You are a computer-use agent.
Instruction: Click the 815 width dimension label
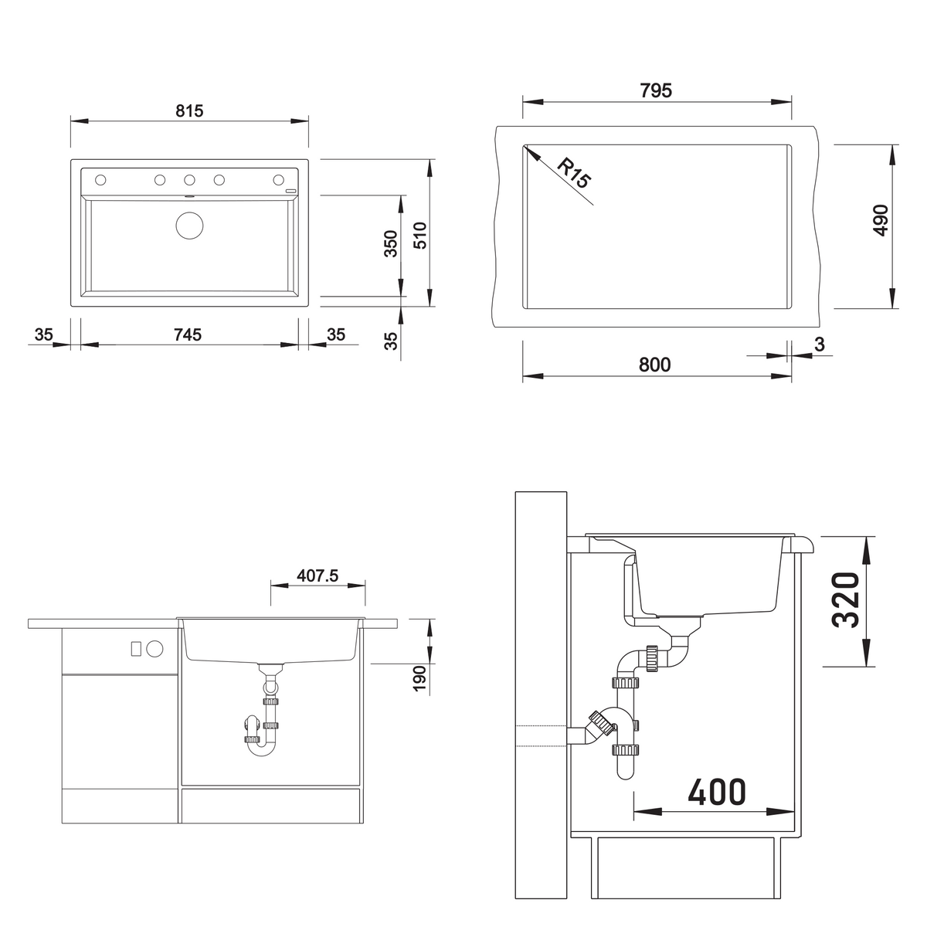[x=189, y=111]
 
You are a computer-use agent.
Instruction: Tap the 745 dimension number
[x=188, y=334]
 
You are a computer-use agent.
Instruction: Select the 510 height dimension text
[x=420, y=236]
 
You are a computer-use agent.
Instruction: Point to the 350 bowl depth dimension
[x=392, y=244]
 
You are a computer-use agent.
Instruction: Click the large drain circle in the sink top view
[x=189, y=225]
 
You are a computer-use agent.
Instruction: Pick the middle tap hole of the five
[x=189, y=180]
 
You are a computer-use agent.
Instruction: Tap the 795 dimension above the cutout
[x=656, y=90]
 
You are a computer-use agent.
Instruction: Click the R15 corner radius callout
[x=574, y=173]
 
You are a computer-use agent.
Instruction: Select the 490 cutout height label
[x=881, y=220]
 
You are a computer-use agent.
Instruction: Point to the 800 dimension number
[x=655, y=365]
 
